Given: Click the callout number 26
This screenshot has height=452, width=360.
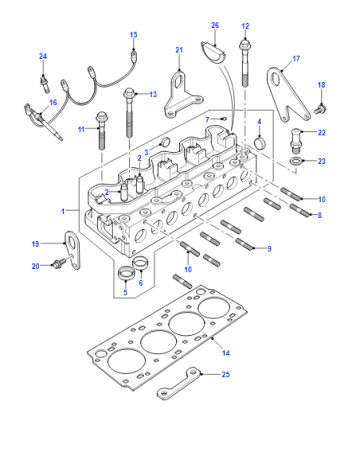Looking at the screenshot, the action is click(215, 25).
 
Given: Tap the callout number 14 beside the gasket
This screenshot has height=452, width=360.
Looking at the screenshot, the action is click(226, 353).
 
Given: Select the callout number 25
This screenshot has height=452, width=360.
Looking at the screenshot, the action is click(226, 374).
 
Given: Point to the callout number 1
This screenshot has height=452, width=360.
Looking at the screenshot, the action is click(63, 211).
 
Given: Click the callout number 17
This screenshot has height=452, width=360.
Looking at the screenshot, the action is click(296, 59).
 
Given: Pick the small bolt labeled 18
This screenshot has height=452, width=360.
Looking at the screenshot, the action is click(320, 109).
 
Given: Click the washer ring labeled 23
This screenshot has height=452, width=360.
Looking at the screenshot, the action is click(296, 161).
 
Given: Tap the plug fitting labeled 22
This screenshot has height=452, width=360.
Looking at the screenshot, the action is click(295, 140).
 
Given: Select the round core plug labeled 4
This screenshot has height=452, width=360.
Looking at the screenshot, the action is click(260, 142).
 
